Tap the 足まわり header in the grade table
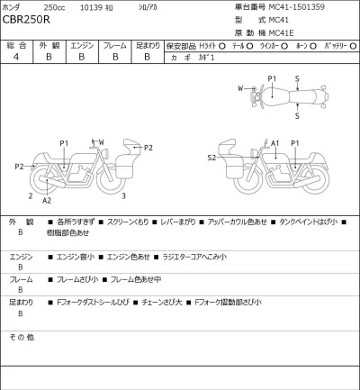click(147, 44)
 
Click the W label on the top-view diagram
click(241, 87)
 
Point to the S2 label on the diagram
click(211, 158)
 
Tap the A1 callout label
click(275, 142)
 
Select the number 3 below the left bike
click(123, 195)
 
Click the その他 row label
click(22, 336)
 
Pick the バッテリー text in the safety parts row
click(338, 44)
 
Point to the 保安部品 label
click(184, 44)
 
